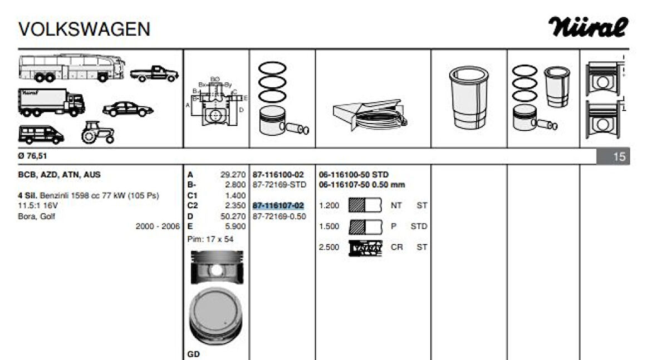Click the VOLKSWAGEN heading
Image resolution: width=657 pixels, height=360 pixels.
84,29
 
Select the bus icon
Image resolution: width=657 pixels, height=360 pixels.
64,68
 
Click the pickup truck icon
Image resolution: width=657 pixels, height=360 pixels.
154,73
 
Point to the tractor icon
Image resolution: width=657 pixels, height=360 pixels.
98,132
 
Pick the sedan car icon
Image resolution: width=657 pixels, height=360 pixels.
128,109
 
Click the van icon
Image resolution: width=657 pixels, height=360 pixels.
41,134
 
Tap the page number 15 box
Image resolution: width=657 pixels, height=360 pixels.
619,157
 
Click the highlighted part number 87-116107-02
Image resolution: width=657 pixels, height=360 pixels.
278,205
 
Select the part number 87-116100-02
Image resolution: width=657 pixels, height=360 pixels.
278,175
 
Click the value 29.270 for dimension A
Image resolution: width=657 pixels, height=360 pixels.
233,175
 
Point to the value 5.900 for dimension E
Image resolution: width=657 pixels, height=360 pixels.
236,226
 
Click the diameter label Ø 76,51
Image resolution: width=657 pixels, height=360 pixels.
32,156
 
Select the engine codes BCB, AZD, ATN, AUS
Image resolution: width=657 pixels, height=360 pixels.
60,175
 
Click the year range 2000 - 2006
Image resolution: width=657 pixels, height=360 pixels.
158,226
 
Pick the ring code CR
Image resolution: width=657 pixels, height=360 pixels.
397,247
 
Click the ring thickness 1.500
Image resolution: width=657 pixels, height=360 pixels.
329,226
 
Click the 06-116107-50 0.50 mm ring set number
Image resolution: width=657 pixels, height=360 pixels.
362,185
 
